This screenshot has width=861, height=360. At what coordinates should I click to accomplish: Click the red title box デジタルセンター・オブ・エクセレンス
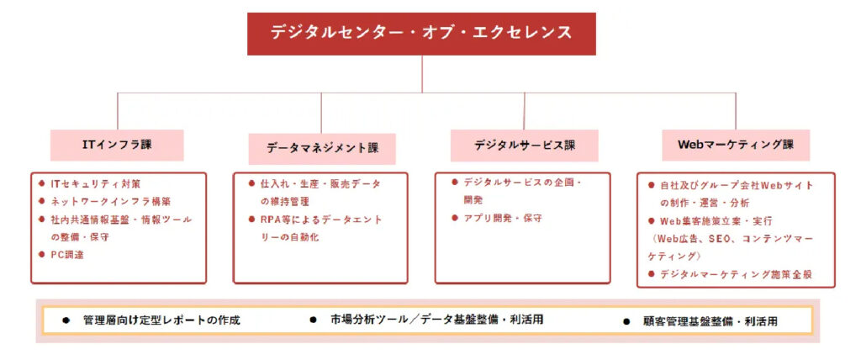coord(421,34)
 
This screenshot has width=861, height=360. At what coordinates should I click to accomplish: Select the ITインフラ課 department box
coord(117,146)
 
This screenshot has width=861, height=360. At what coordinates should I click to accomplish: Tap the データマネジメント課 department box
coord(322,148)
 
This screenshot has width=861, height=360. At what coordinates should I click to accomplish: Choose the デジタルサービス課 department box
coord(525,146)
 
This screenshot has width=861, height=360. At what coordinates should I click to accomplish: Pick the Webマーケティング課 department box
coord(736,146)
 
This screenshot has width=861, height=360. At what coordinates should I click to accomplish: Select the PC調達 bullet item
coord(67,255)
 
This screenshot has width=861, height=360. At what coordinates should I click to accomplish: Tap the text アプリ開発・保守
coord(503,218)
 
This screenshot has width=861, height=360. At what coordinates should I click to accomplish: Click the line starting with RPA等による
coord(321,220)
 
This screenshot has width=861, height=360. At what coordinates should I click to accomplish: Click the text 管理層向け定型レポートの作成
coord(161,320)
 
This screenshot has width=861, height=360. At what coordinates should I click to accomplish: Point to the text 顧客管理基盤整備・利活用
coord(710,321)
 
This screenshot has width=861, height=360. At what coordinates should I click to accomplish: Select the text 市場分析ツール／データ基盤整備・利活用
coord(437,320)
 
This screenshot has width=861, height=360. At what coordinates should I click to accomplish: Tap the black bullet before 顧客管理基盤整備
coord(626,322)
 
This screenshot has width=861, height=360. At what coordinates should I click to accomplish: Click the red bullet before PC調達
coord(41,254)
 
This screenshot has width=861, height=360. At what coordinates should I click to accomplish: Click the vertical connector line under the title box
coord(422,74)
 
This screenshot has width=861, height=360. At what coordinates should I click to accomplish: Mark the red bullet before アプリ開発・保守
coord(455,218)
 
